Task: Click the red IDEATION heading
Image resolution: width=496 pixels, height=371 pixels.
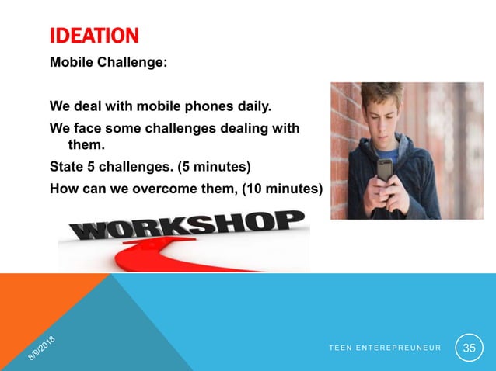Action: (x=93, y=36)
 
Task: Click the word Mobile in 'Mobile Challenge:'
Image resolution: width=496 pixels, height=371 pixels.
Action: (x=72, y=63)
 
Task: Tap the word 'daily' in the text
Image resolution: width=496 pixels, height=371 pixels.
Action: (x=247, y=104)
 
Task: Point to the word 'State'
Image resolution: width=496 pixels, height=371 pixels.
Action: (x=67, y=165)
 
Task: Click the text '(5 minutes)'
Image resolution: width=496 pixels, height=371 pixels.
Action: (x=209, y=165)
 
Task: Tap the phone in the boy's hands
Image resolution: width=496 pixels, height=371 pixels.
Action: (x=386, y=169)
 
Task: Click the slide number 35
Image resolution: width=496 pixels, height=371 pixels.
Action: (x=469, y=347)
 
